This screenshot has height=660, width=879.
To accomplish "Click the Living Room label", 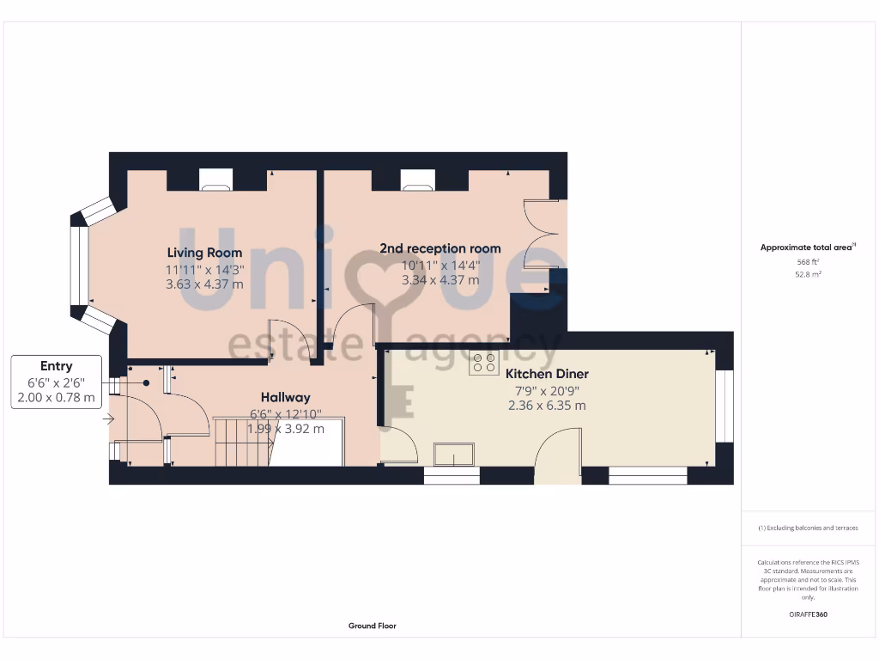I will coord(204,253).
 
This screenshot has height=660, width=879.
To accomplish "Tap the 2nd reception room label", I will coord(439,248).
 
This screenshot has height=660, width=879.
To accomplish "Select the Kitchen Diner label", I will coord(547,375).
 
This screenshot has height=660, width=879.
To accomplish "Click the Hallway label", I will coord(286,397).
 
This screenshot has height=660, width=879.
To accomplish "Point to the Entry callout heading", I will coord(56,366).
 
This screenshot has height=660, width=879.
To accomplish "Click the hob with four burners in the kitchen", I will coord(484,363).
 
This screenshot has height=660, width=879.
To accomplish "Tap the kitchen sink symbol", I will coord(455,454).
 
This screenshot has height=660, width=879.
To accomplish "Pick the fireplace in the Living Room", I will coord(215,180).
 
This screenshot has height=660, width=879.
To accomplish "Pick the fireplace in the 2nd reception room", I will coord(418,180).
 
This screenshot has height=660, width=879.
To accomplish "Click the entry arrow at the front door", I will coord(108,419).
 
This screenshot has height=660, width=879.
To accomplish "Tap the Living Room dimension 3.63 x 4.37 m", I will coord(204,284).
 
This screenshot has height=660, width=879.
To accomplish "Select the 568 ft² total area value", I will coord(807,263).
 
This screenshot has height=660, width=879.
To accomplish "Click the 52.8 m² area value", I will coord(807,275).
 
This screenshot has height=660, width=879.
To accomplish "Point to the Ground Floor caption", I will coord(373,626).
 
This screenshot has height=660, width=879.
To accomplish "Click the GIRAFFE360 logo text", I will coord(808,614).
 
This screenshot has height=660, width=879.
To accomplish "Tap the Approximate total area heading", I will coord(807,247).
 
